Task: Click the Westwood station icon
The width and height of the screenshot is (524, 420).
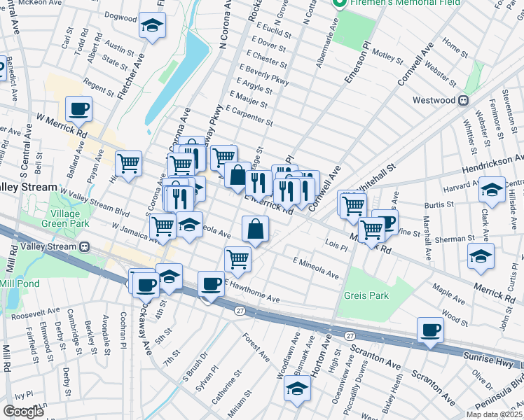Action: click(463, 100)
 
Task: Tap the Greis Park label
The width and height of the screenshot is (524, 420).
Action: click(366, 295)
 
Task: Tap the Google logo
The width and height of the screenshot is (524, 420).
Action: click(22, 411)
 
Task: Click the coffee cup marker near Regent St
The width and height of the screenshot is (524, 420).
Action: click(78, 108)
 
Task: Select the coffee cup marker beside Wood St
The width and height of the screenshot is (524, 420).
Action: click(430, 330)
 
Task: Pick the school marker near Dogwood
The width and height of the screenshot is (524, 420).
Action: click(151, 27)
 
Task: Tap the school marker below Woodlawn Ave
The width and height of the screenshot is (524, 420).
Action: click(297, 388)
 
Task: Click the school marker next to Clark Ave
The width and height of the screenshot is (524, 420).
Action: click(492, 190)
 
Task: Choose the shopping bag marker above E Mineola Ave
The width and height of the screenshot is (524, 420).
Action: click(256, 228)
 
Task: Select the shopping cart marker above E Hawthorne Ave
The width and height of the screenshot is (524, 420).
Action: click(237, 259)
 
